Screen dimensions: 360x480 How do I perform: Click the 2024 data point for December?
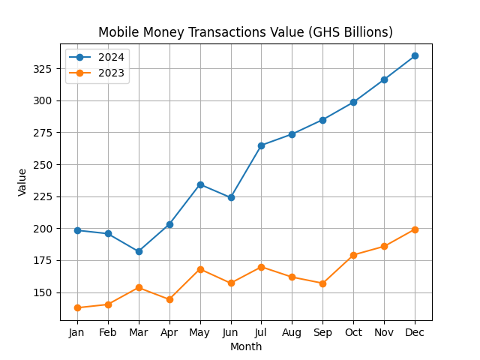415,55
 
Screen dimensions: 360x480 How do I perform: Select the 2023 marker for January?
77,307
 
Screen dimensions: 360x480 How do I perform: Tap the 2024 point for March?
139,251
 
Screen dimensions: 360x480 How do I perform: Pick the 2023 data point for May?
200,269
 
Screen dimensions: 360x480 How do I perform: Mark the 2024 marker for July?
261,145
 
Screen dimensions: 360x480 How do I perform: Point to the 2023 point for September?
322,283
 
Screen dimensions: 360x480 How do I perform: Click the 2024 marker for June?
231,197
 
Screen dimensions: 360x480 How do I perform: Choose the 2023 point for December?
415,229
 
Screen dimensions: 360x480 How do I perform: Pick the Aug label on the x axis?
292,332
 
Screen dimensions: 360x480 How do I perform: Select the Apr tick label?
169,332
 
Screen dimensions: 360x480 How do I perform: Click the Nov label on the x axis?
384,332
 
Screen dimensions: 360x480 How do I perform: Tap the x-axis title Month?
246,346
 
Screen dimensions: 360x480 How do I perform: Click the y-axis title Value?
22,182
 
